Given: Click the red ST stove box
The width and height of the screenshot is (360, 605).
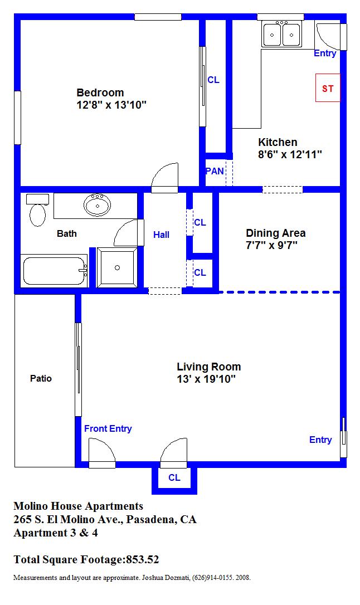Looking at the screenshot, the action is point(328,87).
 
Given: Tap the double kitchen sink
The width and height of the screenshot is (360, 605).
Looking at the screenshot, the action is point(281,35).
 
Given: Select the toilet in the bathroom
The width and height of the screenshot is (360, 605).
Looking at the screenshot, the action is point(37,210).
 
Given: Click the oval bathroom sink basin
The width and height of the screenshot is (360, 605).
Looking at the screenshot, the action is point(97,205).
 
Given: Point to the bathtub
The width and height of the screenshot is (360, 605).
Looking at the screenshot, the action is point(54,271).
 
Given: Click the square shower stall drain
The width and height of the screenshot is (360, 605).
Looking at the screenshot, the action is point(117,268).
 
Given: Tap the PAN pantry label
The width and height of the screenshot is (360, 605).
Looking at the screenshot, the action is point(215,171).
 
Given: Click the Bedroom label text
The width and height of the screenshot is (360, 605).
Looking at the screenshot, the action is point(100,92).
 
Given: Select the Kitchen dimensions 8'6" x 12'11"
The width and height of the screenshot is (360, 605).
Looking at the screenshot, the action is point(290,155).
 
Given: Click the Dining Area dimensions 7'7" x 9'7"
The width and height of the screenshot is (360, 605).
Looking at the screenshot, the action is point(271,245).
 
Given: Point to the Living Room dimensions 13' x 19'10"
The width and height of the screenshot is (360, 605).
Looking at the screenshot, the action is point(206,379).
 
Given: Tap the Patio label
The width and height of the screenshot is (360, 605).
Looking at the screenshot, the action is point(41,378).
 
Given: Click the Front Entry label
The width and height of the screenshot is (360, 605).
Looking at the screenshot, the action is point(108,428).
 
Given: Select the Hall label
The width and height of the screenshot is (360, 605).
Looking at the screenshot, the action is point(161,235).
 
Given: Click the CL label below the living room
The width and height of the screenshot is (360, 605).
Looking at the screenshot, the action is point(174,477).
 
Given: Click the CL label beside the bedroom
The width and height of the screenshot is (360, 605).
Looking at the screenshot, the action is point(213,80).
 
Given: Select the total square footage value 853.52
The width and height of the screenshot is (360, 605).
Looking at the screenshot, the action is point(142,559).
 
